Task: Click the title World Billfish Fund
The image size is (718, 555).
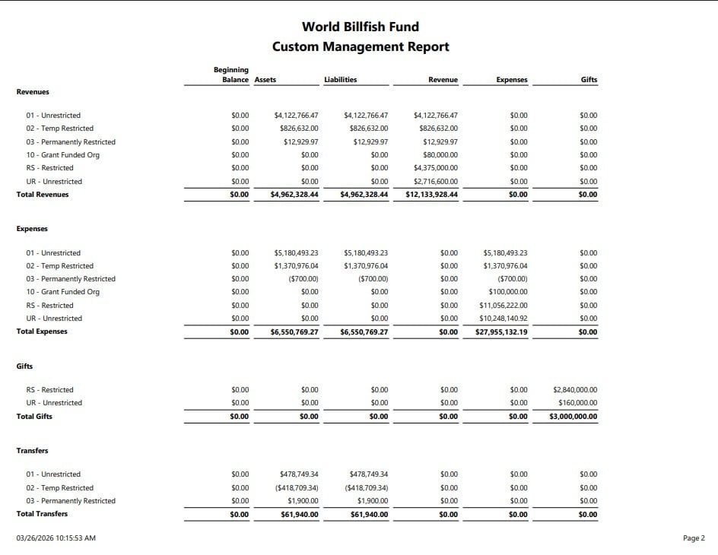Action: [x=360, y=27]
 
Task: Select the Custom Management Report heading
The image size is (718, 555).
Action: [x=361, y=46]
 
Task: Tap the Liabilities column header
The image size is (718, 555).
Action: [x=340, y=80]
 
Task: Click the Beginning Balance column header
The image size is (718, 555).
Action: [x=230, y=75]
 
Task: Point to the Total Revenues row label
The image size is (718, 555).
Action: [x=43, y=195]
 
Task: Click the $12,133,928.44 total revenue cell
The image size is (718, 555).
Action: [x=427, y=195]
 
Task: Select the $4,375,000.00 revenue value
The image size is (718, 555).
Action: [x=436, y=168]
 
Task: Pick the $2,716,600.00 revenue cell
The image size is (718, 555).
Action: [x=436, y=182]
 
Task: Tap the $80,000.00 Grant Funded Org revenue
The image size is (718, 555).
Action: [x=440, y=155]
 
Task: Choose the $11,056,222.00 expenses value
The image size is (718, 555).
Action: [x=504, y=306]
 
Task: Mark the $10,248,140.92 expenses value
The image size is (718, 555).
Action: [x=504, y=319]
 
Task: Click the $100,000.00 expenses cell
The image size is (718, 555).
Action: [x=507, y=292]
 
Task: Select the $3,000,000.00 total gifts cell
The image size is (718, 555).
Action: [x=573, y=417]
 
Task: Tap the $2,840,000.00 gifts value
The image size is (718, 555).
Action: [x=575, y=390]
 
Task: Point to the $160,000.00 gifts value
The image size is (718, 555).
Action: [x=578, y=403]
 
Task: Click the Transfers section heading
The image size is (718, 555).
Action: [x=32, y=451]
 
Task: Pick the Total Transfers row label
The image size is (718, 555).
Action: [x=42, y=514]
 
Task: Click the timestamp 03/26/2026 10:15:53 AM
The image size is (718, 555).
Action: [x=56, y=538]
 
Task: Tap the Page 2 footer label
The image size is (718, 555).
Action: [x=694, y=538]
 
